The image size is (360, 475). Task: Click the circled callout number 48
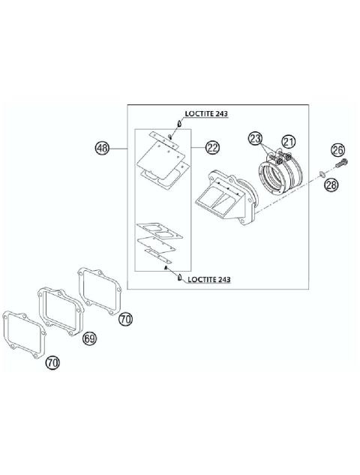click(102, 149)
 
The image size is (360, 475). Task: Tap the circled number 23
click(256, 138)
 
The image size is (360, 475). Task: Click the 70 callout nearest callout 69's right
click(125, 318)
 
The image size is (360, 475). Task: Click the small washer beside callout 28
click(322, 175)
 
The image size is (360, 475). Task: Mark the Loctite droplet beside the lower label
click(180, 278)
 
